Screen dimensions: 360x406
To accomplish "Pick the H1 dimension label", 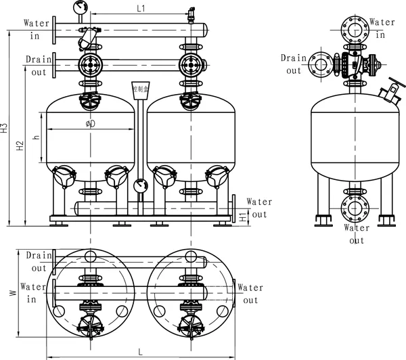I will tap(242, 216).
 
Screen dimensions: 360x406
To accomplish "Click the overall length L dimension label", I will tap(139, 352).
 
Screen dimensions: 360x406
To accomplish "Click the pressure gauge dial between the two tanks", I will tap(140, 185).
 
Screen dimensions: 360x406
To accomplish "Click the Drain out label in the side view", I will tap(293, 64).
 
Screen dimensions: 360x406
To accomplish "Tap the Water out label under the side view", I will tap(357, 233).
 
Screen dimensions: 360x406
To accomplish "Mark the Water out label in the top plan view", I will tap(250, 294).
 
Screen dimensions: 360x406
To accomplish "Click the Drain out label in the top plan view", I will tap(39, 261).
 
